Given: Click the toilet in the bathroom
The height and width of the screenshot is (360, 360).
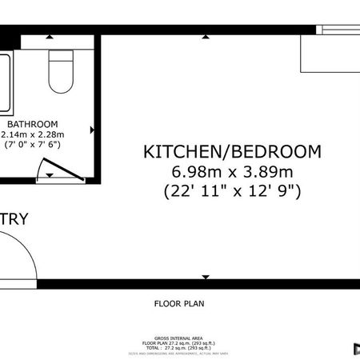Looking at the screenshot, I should [x=60, y=71].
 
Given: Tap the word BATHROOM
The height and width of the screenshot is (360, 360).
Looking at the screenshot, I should [x=33, y=124].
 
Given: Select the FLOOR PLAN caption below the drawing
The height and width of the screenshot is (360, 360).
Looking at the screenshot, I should [x=179, y=303].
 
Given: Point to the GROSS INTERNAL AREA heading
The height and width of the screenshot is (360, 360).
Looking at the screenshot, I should [x=179, y=337].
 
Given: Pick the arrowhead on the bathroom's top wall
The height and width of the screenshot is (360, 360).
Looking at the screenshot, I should [x=50, y=37].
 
